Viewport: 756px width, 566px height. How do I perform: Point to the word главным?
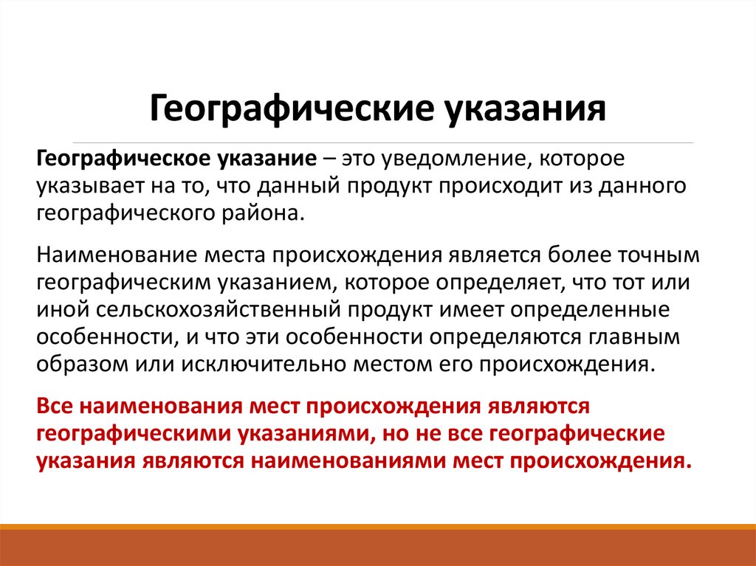click(x=644, y=337)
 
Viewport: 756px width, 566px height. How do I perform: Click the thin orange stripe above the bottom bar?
click(x=378, y=526)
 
